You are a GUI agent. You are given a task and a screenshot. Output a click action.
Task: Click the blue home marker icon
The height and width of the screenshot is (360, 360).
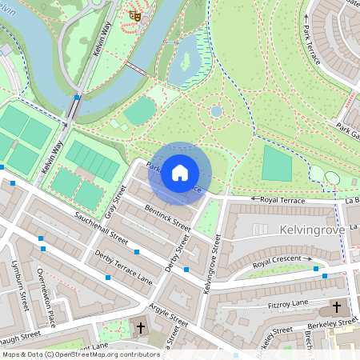180,173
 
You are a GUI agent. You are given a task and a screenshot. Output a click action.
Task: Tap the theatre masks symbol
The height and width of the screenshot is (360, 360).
134,14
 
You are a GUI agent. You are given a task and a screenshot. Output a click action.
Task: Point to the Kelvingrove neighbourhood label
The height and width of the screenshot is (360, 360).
314,230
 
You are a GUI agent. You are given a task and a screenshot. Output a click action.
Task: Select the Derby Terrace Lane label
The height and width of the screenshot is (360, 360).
101,267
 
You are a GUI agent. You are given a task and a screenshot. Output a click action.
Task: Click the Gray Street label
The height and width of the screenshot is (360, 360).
116,202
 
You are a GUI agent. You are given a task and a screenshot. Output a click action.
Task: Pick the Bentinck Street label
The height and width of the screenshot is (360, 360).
163,213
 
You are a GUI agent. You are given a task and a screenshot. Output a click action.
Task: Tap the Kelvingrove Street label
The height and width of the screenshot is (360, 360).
213,261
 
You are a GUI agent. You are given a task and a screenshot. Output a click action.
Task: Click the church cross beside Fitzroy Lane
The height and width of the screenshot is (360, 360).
336,307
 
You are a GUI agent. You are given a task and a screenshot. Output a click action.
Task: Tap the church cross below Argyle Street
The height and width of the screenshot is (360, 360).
141,328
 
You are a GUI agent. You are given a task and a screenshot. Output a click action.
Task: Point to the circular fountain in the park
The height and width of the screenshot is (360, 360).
216,112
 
